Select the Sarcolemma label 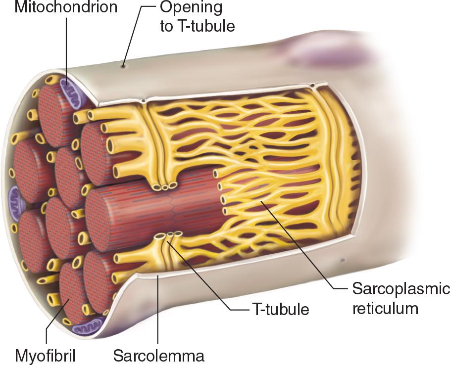pyautogui.click(x=158, y=355)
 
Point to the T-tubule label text pyautogui.click(x=280, y=310)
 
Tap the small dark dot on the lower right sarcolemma pyautogui.click(x=342, y=259)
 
